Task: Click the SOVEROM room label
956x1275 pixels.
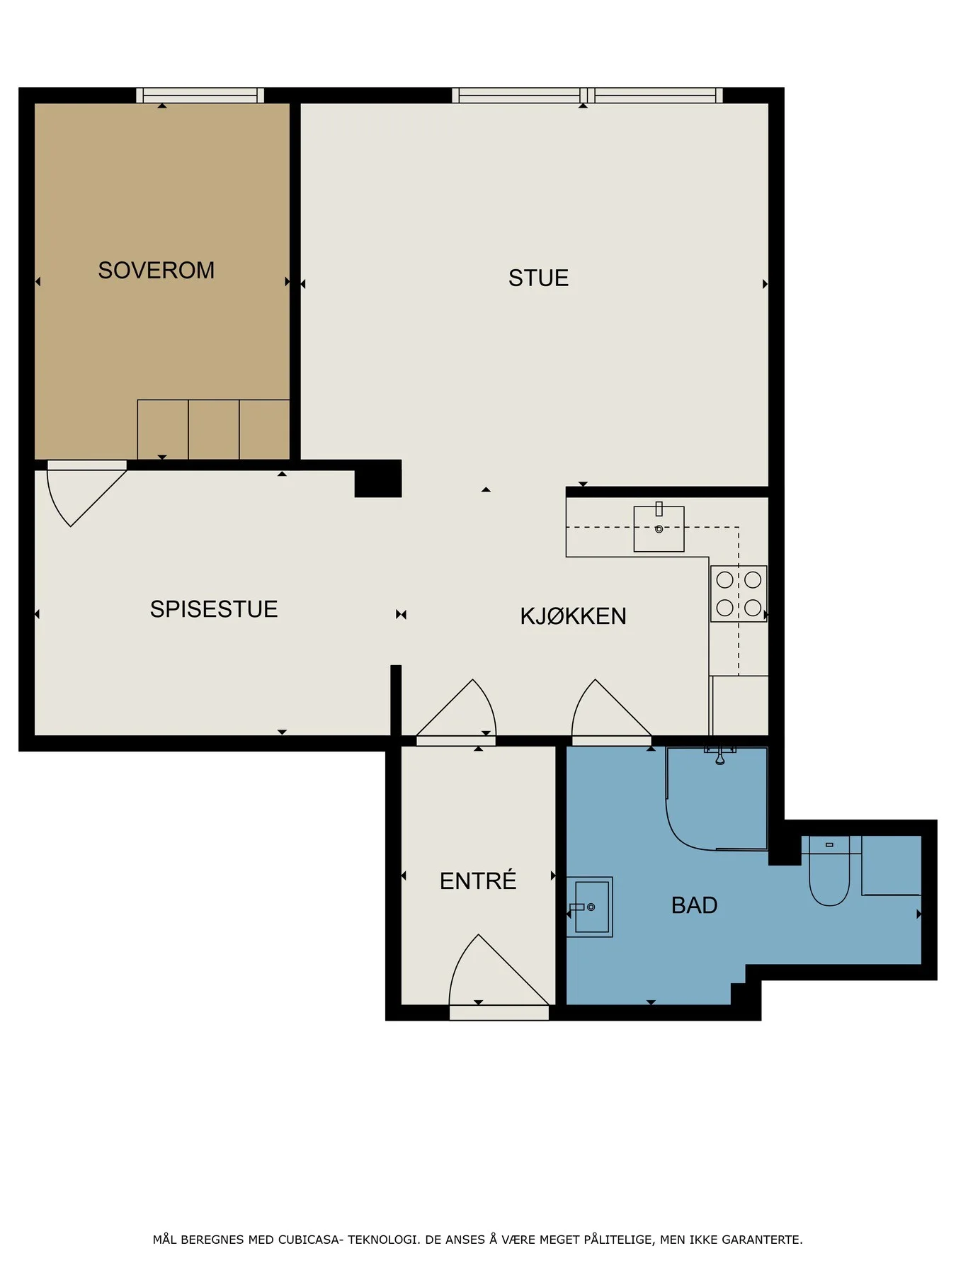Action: (156, 271)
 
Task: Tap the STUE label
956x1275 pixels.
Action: (538, 278)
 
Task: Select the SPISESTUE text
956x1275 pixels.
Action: (213, 609)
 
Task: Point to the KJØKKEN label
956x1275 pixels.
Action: (573, 616)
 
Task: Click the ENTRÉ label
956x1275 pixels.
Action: (478, 880)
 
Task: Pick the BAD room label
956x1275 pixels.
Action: (694, 905)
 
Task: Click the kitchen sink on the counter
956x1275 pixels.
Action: (659, 528)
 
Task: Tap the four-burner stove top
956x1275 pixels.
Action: (739, 594)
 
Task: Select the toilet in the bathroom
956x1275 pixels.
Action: (829, 871)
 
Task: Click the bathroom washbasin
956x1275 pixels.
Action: (590, 907)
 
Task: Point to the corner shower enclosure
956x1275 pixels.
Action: (717, 798)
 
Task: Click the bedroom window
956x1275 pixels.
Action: (200, 96)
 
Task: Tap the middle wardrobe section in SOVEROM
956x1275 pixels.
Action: (214, 430)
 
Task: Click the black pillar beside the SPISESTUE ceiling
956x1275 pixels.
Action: (378, 479)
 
